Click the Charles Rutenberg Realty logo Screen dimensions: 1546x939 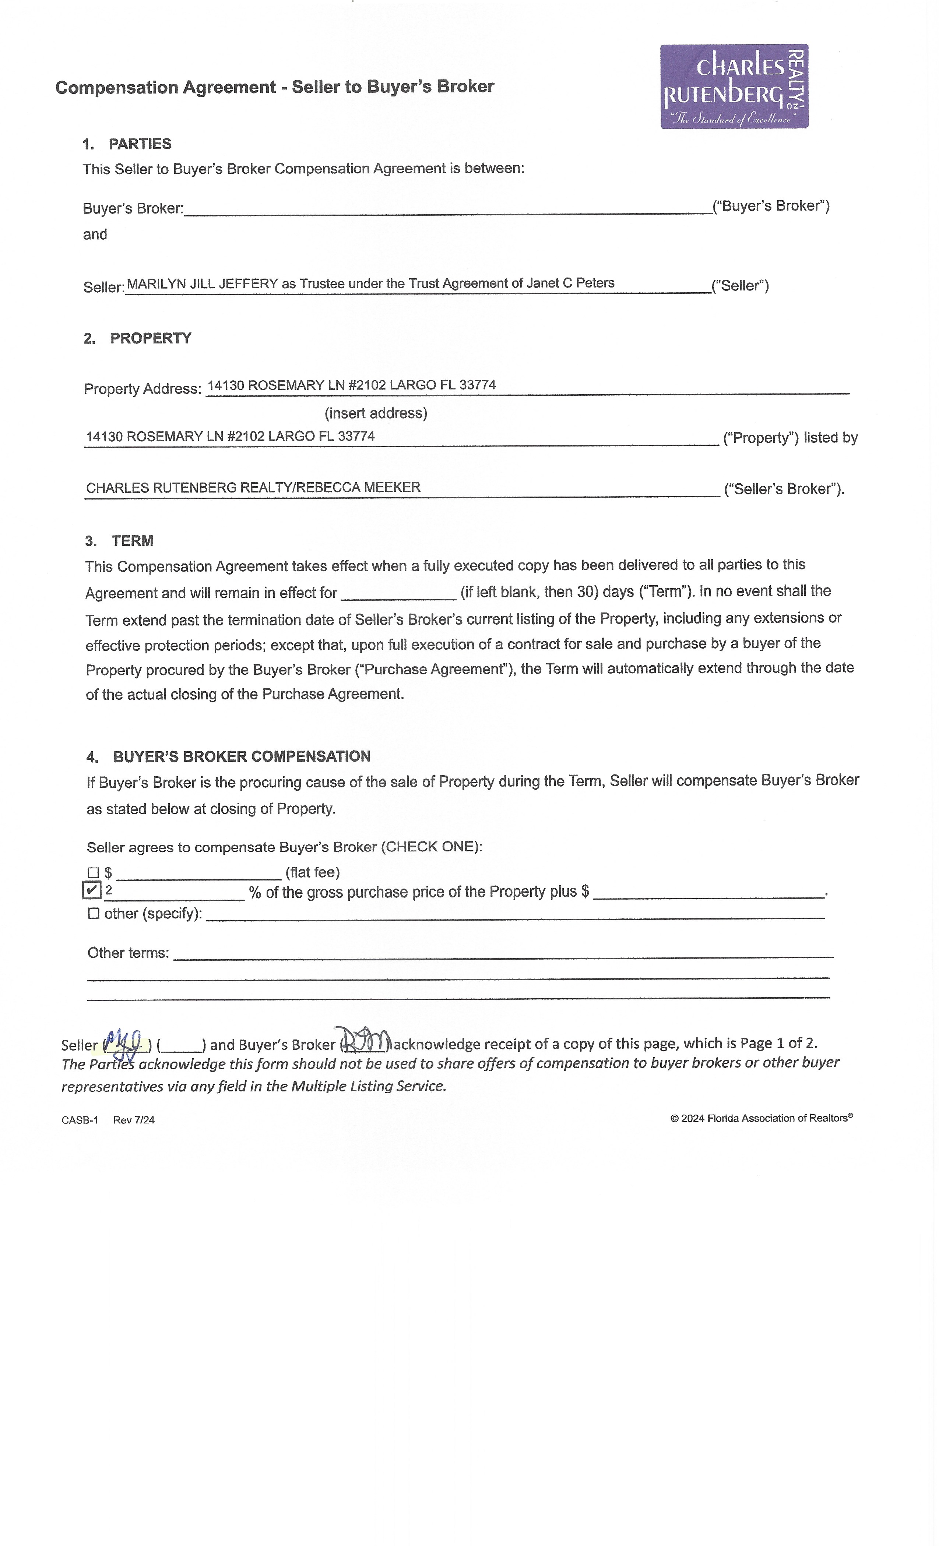tap(734, 87)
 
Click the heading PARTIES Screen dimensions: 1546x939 tap(139, 144)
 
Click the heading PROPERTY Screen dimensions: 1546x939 tap(151, 339)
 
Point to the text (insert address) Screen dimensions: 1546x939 tap(375, 413)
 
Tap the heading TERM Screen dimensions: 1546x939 tap(133, 541)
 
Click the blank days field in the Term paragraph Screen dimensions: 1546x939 tap(398, 593)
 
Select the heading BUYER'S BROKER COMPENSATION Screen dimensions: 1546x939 tap(242, 757)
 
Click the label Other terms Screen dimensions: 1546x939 tap(128, 953)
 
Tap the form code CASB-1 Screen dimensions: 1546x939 tap(80, 1120)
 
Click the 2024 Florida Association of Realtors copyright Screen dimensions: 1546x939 tap(761, 1119)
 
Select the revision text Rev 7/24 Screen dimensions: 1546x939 tap(134, 1120)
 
